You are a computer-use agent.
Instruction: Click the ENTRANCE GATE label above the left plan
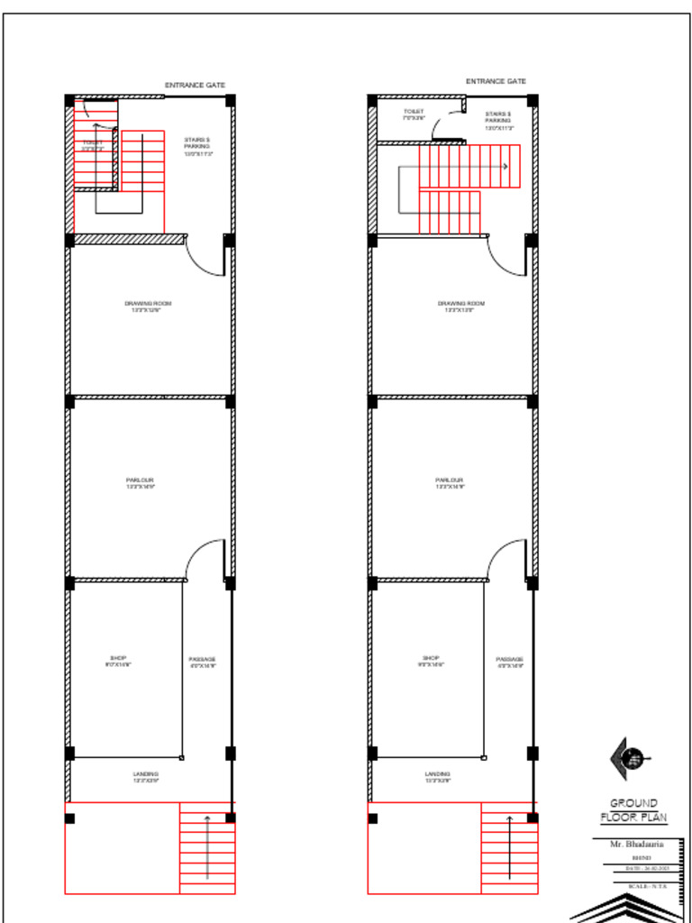click(x=195, y=85)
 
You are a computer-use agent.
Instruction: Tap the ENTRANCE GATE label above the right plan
click(x=496, y=81)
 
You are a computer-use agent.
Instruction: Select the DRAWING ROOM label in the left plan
click(x=148, y=305)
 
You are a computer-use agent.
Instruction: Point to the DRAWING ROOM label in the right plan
click(x=461, y=305)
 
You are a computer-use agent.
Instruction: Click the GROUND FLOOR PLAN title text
click(x=633, y=809)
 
